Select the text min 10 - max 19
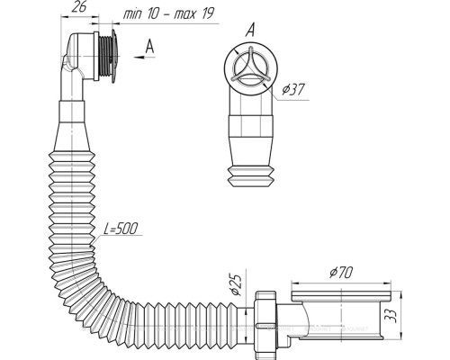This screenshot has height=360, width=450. pyautogui.click(x=169, y=13)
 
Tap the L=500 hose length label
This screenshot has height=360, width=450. pyautogui.click(x=121, y=229)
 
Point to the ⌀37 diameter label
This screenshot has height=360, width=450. pyautogui.click(x=293, y=89)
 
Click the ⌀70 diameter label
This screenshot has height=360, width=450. pyautogui.click(x=341, y=272)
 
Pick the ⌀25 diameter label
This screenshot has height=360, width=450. pyautogui.click(x=236, y=285)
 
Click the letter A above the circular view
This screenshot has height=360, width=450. pyautogui.click(x=250, y=31)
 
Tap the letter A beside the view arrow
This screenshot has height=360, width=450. pyautogui.click(x=149, y=47)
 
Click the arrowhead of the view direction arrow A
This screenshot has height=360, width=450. pyautogui.click(x=138, y=57)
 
